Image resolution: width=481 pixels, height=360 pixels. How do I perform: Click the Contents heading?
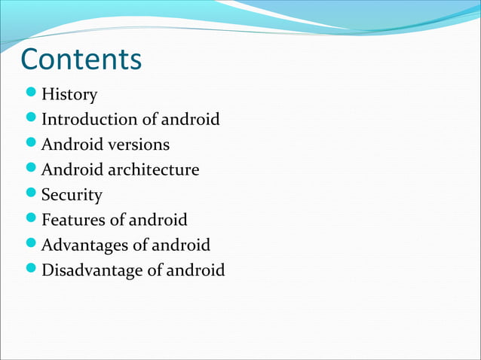coord(81,59)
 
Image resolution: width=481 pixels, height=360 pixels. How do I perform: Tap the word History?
coord(69,95)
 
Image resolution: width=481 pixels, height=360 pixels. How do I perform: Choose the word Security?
coord(72,195)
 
